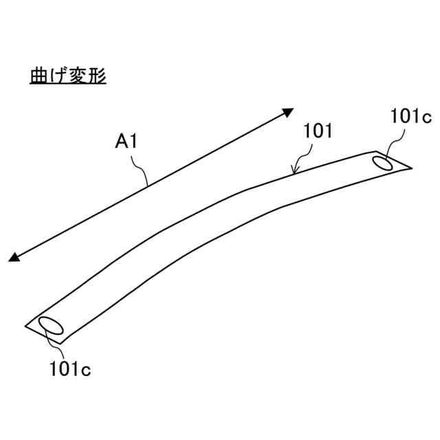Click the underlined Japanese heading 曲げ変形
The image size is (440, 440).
click(67, 75)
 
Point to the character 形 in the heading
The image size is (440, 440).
click(97, 75)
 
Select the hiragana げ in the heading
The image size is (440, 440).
click(58, 75)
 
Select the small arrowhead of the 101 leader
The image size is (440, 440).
click(294, 170)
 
